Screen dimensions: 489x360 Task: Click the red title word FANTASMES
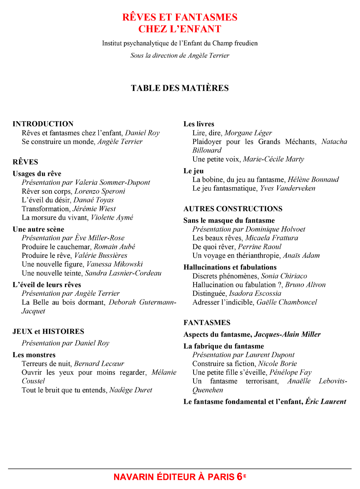point(206,17)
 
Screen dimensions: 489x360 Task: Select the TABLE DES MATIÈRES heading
point(180,88)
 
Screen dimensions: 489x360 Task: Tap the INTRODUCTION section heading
point(43,124)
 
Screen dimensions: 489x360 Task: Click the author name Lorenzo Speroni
point(100,191)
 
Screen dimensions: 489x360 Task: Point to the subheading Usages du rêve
point(37,174)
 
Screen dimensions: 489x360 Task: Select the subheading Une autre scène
point(38,229)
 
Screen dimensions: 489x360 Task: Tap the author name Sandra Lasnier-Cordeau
point(123,273)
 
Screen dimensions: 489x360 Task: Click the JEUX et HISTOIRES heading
point(48,332)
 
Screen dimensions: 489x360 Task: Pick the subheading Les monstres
point(34,355)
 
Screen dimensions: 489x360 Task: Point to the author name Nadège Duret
point(131,390)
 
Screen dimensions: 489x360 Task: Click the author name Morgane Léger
point(248,133)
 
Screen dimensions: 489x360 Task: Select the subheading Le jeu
point(194,171)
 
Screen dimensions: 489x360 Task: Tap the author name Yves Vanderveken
point(287,188)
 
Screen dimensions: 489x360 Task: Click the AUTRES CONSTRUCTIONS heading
point(233,209)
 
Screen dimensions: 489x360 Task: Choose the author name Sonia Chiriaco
point(284,276)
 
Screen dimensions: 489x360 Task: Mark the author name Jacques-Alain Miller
point(287,335)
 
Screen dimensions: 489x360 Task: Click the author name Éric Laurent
point(326,402)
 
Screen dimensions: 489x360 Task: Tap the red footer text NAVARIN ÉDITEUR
point(160,477)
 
